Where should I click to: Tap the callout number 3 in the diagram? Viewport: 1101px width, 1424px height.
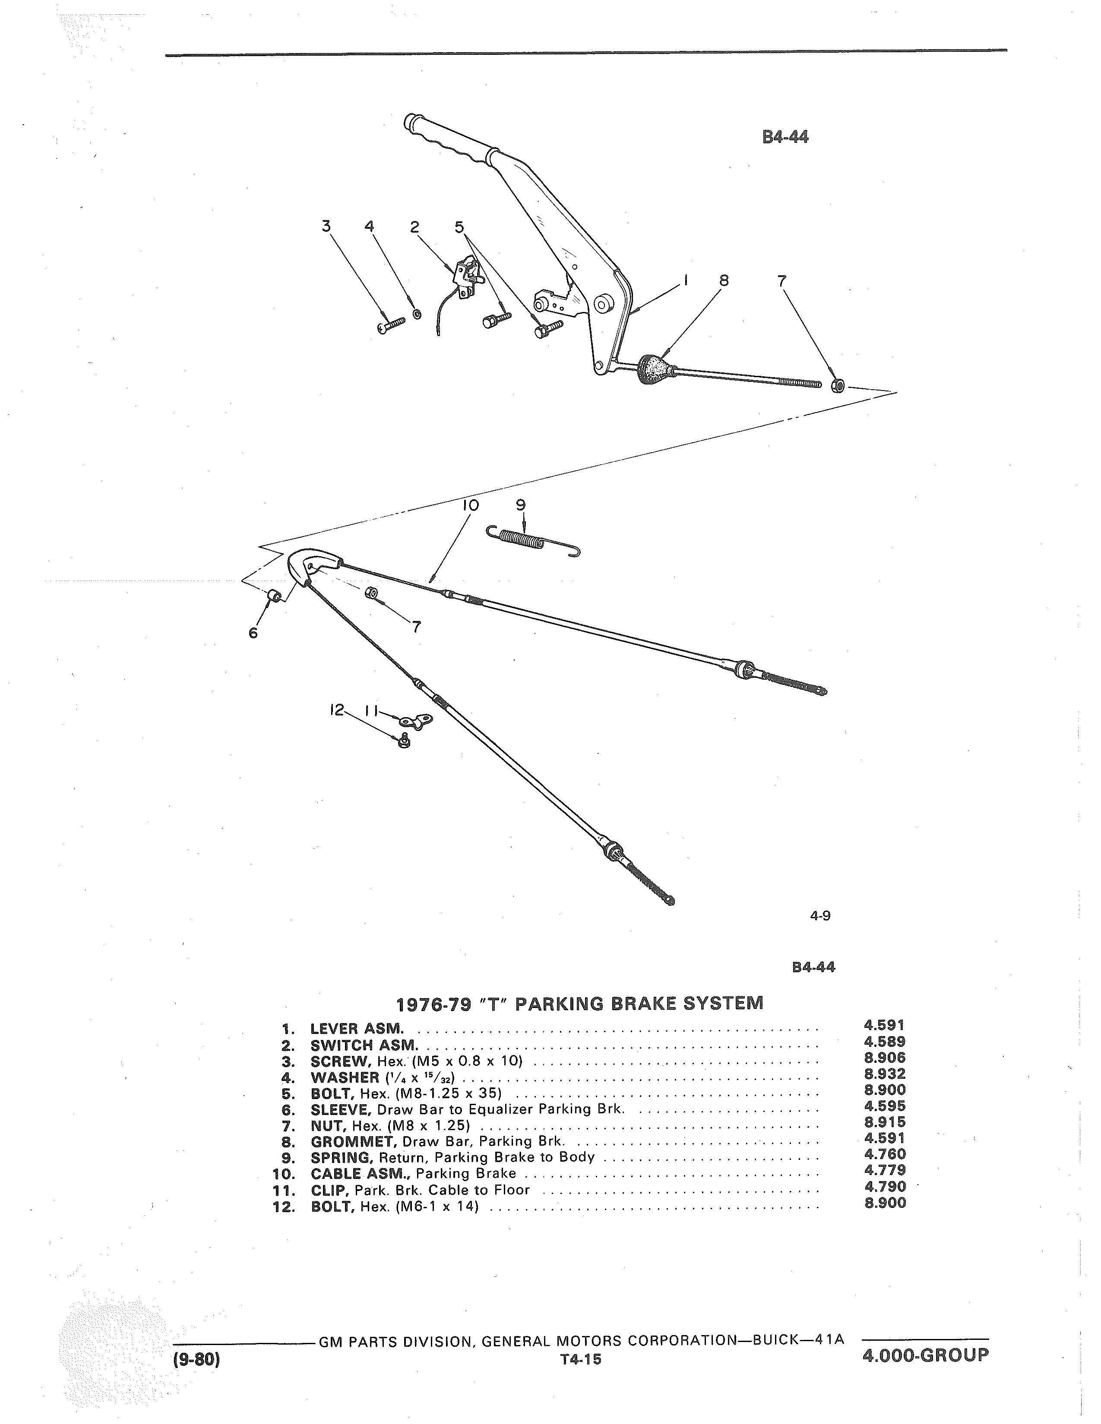click(326, 226)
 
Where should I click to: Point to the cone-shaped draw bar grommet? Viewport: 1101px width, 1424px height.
click(657, 370)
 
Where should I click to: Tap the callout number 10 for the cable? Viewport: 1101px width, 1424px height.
click(468, 505)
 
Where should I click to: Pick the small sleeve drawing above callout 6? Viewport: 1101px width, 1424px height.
click(275, 596)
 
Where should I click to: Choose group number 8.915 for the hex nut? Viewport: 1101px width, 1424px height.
click(885, 1122)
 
